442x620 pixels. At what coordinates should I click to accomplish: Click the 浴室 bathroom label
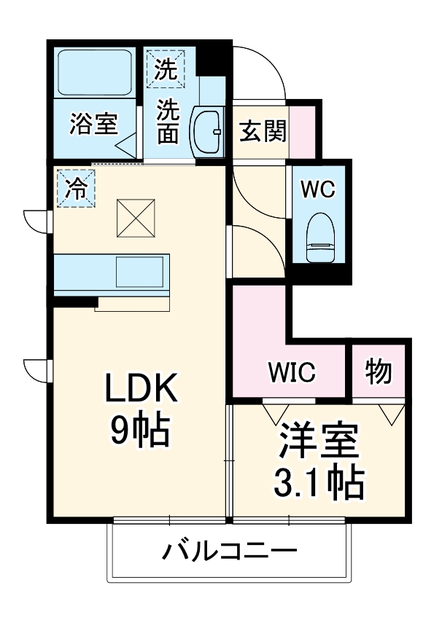93,125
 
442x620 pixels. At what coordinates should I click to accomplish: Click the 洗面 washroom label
168,122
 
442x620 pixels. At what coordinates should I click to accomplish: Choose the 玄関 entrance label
262,132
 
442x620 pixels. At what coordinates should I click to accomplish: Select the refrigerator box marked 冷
77,188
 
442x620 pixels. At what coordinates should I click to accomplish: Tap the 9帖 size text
141,431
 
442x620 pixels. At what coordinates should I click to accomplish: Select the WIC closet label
292,372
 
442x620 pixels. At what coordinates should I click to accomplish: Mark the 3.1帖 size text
319,482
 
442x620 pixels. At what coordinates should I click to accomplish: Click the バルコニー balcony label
229,551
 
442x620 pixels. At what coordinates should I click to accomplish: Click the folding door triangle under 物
392,413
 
